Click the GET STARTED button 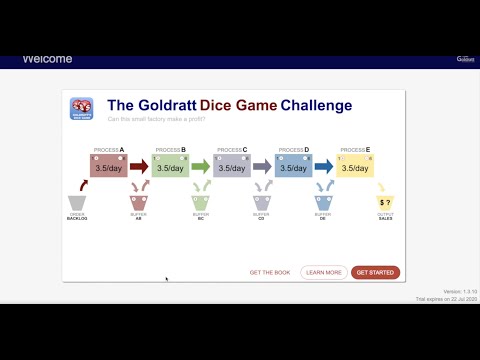pos(376,272)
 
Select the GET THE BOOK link pos(269,272)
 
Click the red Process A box pos(108,167)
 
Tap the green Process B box pos(170,167)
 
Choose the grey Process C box pos(231,167)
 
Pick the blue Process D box pos(293,167)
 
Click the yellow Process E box pos(354,167)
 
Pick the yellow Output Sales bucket pos(385,204)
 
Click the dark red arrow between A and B pos(139,167)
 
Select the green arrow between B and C pos(200,167)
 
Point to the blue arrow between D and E pos(323,167)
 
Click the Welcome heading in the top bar pos(47,59)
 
